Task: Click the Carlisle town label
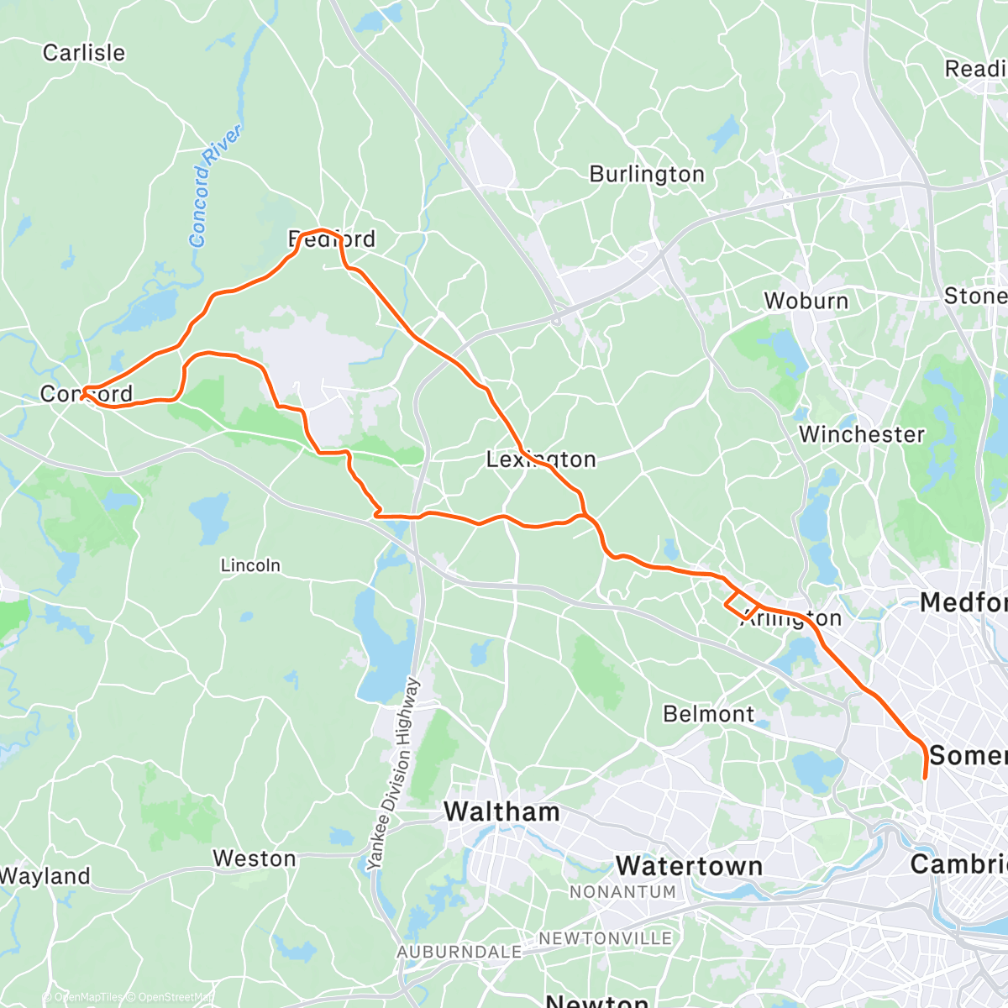(x=84, y=53)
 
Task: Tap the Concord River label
(x=214, y=186)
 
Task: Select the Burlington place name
(x=647, y=174)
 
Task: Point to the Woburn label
(x=806, y=301)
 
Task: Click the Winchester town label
(x=861, y=434)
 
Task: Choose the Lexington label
(x=541, y=459)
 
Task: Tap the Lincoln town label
(x=250, y=565)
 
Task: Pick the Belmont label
(x=709, y=714)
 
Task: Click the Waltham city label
(x=501, y=811)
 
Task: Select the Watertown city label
(x=689, y=865)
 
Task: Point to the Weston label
(x=254, y=858)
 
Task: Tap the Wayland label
(x=45, y=876)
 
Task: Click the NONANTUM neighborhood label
(x=622, y=892)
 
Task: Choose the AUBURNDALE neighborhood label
(x=459, y=953)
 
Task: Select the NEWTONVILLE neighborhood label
(x=605, y=938)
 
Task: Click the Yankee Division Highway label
(x=393, y=774)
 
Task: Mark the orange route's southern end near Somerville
(x=925, y=778)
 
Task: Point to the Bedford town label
(x=332, y=239)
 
